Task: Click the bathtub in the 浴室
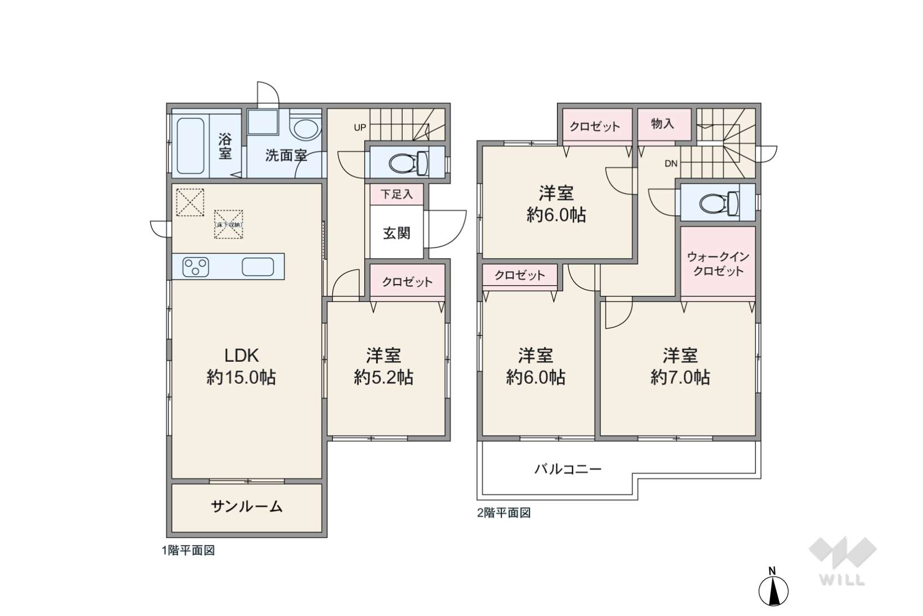[190, 146]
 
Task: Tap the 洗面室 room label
[286, 156]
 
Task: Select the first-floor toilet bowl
[408, 162]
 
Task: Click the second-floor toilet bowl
[719, 202]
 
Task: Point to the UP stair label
[360, 128]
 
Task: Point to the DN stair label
[671, 163]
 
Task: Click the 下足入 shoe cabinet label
[396, 194]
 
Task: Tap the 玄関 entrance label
[396, 233]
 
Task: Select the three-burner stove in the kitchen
[196, 267]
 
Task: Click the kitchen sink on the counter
[258, 267]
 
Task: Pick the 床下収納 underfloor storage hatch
[228, 224]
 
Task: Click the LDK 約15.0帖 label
[241, 366]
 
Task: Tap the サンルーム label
[247, 506]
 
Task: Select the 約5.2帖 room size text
[384, 377]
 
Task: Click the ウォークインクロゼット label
[718, 264]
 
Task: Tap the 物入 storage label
[663, 123]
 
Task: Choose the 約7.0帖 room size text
[680, 377]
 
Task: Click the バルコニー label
[568, 469]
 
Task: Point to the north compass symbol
[773, 587]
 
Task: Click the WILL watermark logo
[842, 561]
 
